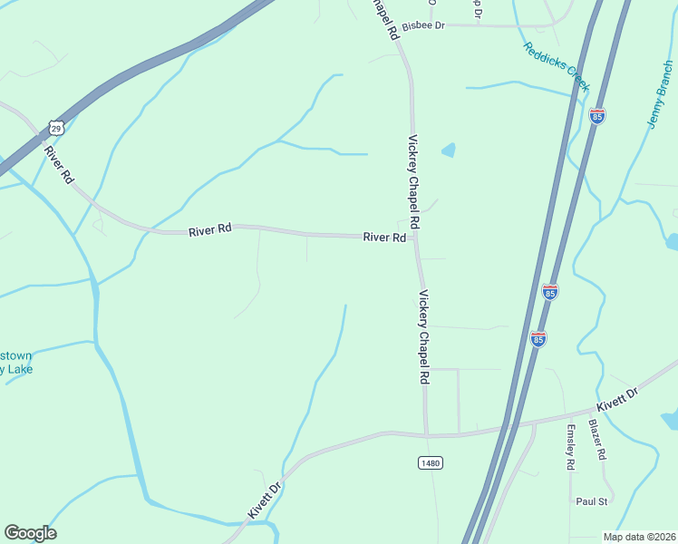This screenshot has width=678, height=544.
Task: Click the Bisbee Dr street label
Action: pyautogui.click(x=424, y=25)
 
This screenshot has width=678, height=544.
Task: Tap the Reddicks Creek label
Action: pyautogui.click(x=556, y=66)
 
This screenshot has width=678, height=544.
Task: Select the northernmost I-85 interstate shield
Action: pyautogui.click(x=596, y=116)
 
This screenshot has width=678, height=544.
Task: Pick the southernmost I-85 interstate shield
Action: pyautogui.click(x=538, y=338)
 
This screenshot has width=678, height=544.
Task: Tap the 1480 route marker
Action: pyautogui.click(x=431, y=462)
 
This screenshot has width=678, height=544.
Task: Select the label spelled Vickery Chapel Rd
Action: pyautogui.click(x=423, y=336)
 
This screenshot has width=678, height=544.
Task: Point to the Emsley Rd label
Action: pyautogui.click(x=571, y=447)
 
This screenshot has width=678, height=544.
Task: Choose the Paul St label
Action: pyautogui.click(x=591, y=500)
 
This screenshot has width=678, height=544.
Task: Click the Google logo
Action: pyautogui.click(x=30, y=533)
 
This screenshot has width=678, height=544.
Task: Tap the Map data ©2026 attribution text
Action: pyautogui.click(x=640, y=537)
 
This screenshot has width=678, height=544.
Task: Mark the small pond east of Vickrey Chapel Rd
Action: pyautogui.click(x=448, y=150)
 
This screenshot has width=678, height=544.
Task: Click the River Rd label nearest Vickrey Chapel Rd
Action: pyautogui.click(x=384, y=238)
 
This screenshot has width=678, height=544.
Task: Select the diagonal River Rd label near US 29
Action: pyautogui.click(x=58, y=163)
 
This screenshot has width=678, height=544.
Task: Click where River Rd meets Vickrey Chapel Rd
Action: pyautogui.click(x=414, y=238)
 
